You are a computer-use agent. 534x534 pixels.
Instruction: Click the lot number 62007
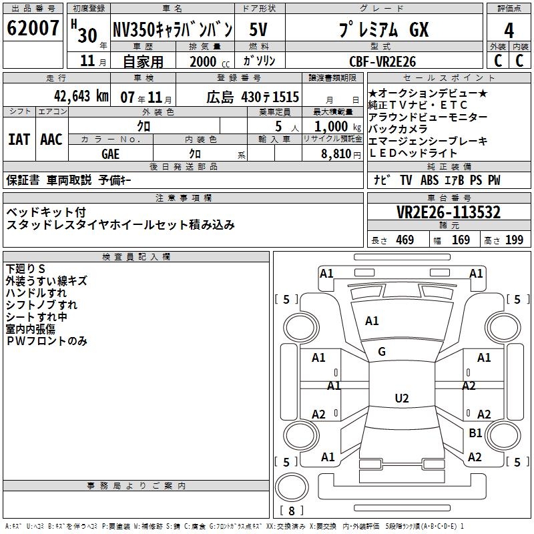[x=33, y=29]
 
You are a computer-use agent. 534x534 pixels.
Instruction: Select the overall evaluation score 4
[x=509, y=30]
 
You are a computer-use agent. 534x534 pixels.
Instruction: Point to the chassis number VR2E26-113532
[x=449, y=212]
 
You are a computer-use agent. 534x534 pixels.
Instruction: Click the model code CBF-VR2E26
[x=382, y=61]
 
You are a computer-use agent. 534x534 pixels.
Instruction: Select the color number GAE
[x=111, y=154]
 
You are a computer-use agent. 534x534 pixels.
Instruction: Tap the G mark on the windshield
[x=382, y=352]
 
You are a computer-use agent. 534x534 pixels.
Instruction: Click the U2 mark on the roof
[x=401, y=398]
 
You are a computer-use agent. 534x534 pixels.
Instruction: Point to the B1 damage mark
[x=475, y=433]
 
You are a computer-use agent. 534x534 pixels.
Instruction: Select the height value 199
[x=514, y=240]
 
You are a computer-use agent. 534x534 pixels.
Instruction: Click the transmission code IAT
[x=19, y=140]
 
